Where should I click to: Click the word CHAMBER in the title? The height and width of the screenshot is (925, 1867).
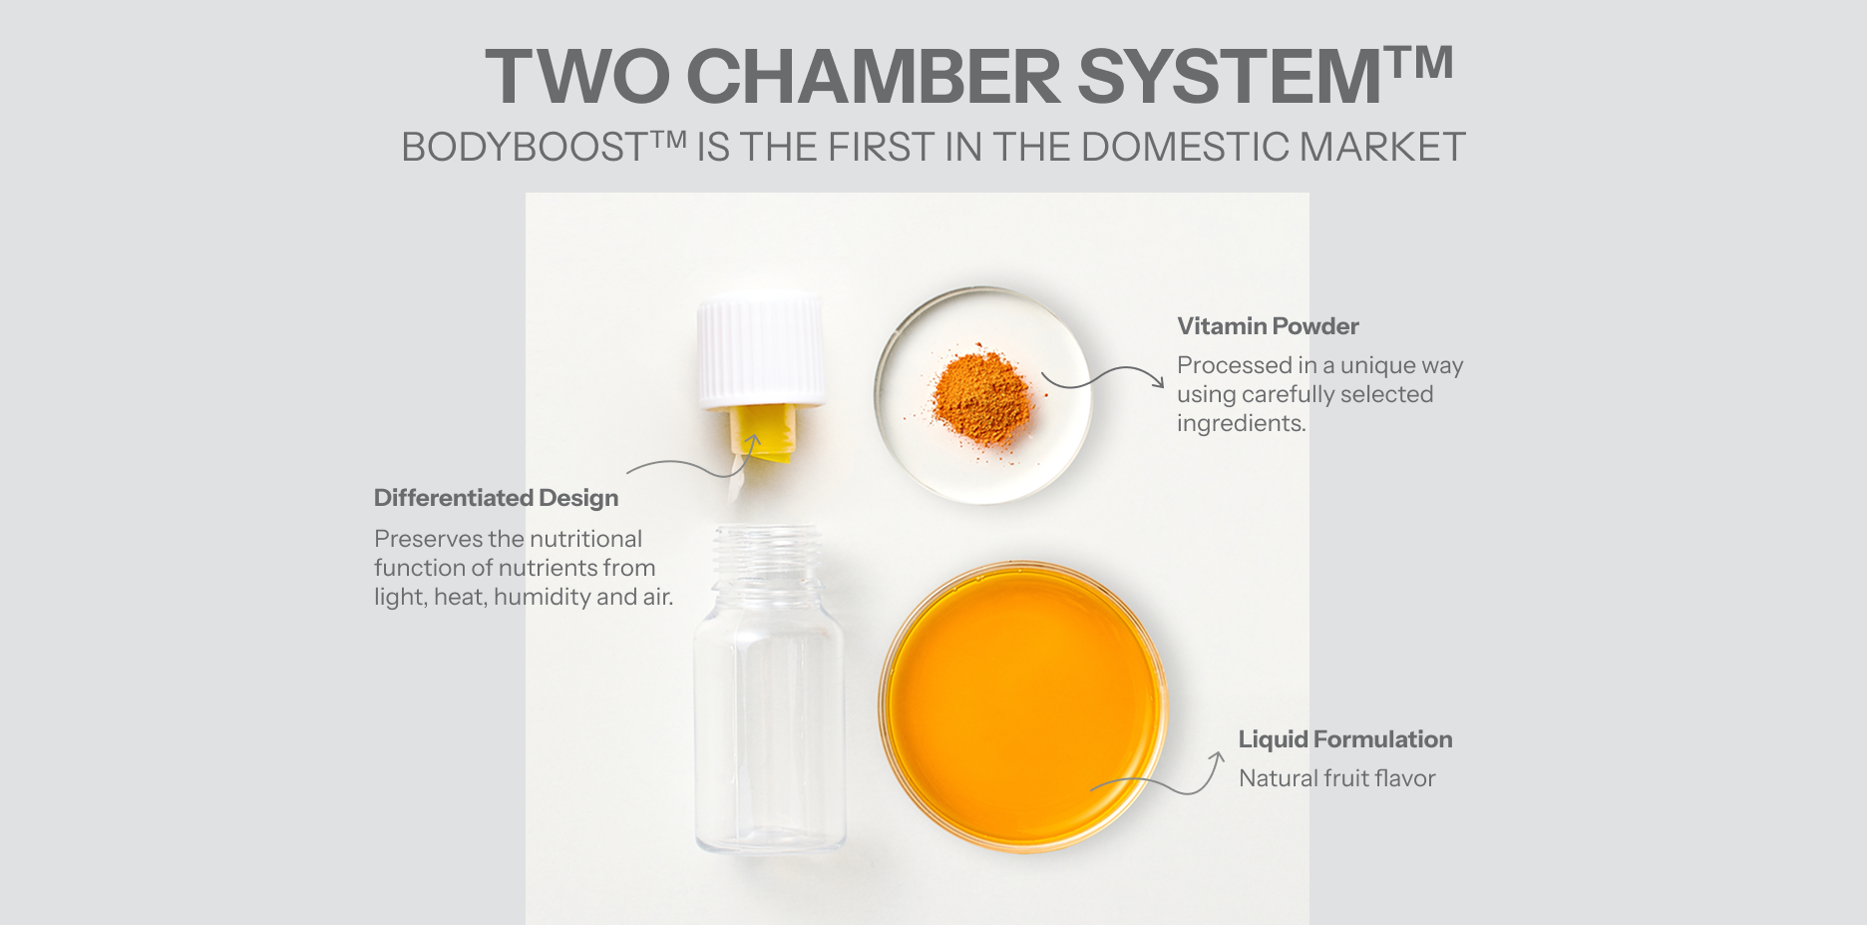coord(874,77)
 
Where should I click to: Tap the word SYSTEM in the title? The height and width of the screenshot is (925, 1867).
coord(1230,77)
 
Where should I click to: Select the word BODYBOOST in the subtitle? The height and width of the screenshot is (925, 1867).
coord(526,148)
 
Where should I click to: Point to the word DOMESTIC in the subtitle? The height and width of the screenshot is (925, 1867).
coord(1185,148)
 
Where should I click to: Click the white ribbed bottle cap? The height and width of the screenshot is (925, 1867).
coord(761,351)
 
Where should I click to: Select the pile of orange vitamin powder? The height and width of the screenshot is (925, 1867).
coord(980,397)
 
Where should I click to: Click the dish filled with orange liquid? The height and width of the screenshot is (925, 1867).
coord(1023,706)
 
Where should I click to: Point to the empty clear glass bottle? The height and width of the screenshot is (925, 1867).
coord(769,689)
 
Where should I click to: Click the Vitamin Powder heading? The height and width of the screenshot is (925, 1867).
coord(1268,326)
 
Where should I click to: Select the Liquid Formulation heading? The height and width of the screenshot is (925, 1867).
coord(1345,739)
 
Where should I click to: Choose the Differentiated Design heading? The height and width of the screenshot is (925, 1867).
coord(496,498)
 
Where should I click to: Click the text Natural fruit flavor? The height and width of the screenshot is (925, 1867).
coord(1337,778)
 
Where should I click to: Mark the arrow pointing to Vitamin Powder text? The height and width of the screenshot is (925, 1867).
coord(1103,377)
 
